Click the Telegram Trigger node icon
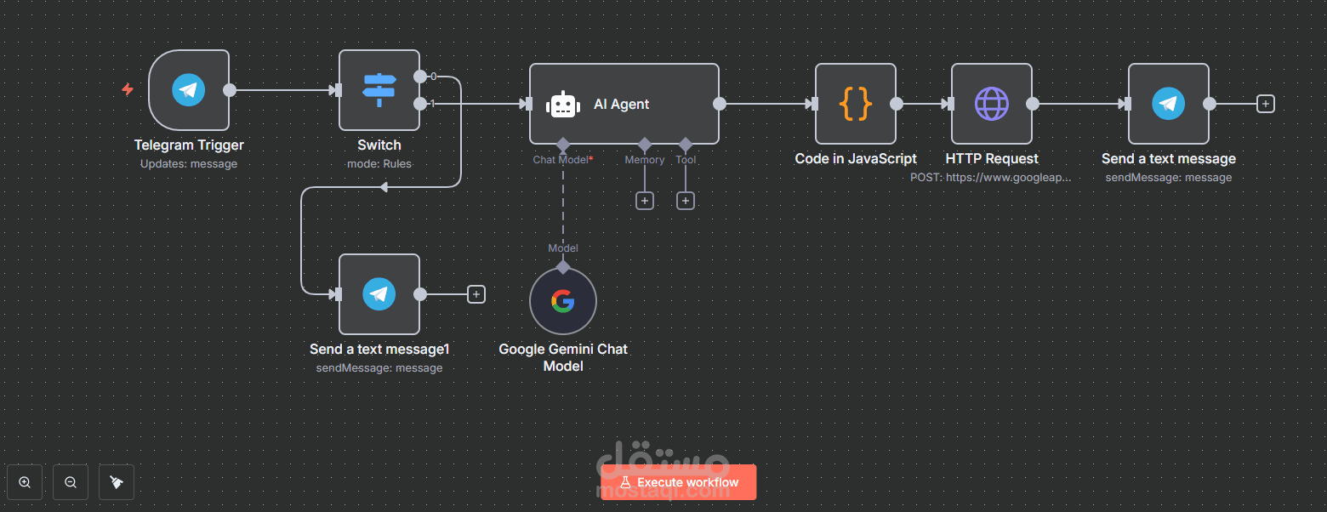coord(189,90)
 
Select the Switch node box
coord(379,90)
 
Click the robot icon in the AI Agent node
coord(562,105)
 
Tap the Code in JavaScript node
coord(855,104)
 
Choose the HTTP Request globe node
coord(991,104)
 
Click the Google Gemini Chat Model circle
coord(562,301)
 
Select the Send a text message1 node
coord(379,294)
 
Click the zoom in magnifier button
coord(25,482)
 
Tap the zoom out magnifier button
coord(71,482)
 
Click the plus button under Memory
coord(645,201)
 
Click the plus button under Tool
coord(686,201)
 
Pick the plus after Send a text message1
coord(476,294)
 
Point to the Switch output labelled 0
coord(420,77)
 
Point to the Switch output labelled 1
coord(420,104)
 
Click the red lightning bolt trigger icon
coord(128,89)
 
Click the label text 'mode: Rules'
coord(379,163)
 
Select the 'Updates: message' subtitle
coord(189,163)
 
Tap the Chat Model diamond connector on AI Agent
coord(562,144)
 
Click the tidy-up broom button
coord(117,482)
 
